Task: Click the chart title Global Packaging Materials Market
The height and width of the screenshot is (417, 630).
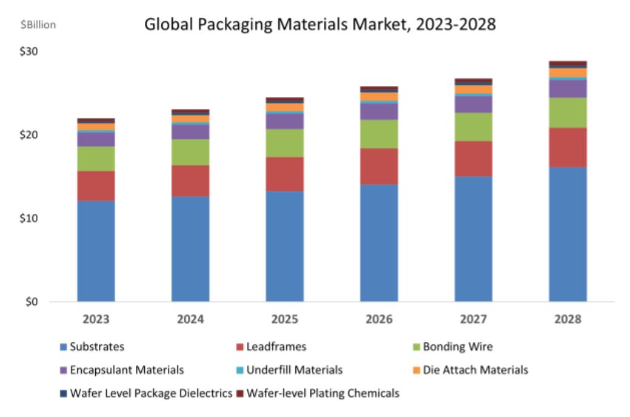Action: tap(320, 25)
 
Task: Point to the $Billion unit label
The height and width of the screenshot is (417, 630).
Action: tap(38, 25)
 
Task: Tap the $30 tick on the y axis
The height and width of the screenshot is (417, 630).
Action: tap(29, 52)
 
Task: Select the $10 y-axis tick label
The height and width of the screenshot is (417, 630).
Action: tap(29, 218)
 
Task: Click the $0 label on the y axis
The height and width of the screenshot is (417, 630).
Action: tap(32, 301)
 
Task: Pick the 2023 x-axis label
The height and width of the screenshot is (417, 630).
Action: tap(96, 319)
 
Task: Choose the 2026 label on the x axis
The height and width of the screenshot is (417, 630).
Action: tap(379, 319)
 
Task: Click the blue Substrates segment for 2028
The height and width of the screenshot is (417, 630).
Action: tap(568, 234)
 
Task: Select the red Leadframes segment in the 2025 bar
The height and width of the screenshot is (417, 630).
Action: tap(284, 174)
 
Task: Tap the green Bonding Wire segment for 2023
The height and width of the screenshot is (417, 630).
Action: tap(96, 158)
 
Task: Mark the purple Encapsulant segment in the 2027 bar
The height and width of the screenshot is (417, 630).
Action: tap(473, 104)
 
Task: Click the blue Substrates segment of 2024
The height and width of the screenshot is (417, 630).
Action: tap(190, 249)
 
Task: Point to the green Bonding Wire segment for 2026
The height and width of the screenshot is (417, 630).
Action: tap(379, 134)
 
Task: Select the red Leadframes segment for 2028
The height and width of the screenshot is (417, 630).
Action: tap(568, 147)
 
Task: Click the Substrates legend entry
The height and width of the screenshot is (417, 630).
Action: tap(97, 347)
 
